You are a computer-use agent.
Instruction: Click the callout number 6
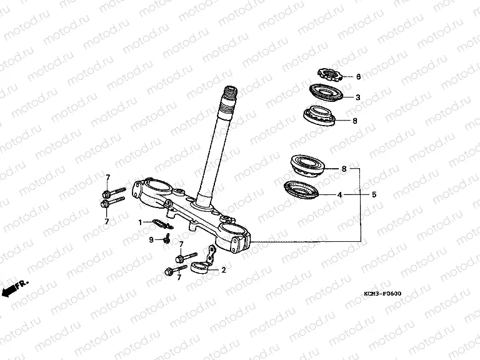point(359,76)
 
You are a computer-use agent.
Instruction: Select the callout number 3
point(358,97)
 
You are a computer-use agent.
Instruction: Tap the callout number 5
point(374,194)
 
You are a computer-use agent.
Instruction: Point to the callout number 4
point(339,194)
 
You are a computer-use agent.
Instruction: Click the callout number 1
point(140,222)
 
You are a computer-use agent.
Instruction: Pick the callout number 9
point(151,240)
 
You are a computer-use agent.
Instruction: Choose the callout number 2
point(224,270)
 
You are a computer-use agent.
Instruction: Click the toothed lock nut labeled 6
point(329,75)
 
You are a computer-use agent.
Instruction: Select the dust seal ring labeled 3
point(326,92)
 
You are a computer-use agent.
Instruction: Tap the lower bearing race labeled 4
point(301,189)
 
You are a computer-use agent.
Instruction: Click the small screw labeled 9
point(167,239)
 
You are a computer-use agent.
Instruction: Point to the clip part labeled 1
point(163,224)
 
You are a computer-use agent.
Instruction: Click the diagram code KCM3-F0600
point(382,294)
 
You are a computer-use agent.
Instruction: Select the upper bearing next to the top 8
point(319,116)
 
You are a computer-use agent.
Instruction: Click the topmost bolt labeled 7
point(113,192)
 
